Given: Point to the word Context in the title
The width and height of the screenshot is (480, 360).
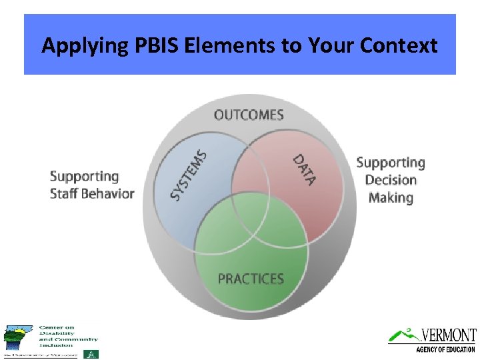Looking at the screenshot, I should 399,45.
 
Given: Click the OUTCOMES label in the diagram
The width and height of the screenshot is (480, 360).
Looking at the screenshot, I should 249,115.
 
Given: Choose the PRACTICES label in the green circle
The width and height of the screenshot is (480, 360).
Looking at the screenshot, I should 251,279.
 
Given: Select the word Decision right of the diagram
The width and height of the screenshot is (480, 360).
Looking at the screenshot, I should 391,180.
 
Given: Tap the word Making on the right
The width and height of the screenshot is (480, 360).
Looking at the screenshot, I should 391,197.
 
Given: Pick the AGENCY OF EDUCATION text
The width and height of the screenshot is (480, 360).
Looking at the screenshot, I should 445,349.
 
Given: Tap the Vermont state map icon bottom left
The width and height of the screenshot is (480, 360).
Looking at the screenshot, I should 17,337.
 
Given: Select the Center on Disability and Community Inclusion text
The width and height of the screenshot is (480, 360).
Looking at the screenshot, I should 67,337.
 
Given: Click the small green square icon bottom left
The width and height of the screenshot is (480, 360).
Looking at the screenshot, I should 95,354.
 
